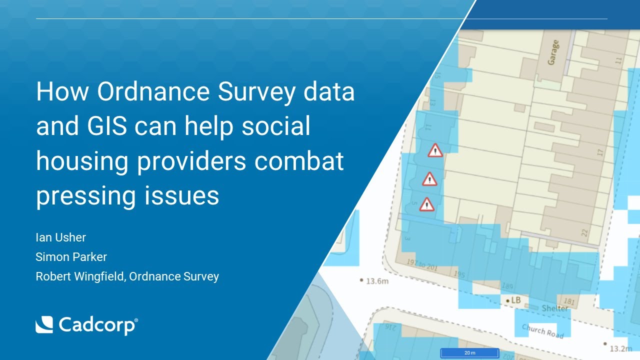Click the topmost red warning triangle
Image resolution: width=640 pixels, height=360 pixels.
(435, 150)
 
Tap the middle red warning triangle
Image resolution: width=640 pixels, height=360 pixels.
(429, 178)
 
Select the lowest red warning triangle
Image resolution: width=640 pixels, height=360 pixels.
(426, 204)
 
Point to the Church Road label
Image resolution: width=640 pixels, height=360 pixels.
(542, 330)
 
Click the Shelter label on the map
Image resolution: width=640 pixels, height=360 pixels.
(555, 308)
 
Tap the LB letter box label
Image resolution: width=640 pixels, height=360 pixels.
(514, 300)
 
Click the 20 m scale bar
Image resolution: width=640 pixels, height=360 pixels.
(469, 353)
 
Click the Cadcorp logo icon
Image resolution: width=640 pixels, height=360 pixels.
(44, 325)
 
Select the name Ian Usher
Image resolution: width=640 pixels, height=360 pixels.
(60, 237)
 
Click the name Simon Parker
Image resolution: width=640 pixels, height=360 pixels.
(71, 257)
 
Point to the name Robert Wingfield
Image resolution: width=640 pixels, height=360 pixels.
(80, 276)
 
